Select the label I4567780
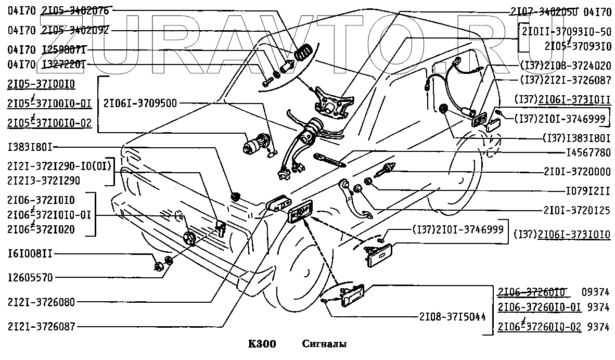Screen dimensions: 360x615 point(588,153)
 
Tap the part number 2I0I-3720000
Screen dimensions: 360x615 point(578,172)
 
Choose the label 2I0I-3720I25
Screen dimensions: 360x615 point(578,210)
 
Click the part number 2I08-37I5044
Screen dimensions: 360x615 point(451,316)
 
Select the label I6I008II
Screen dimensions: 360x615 point(30,254)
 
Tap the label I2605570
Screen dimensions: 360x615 point(30,277)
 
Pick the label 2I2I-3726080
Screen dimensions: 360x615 point(41,302)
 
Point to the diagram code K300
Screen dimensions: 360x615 point(261,344)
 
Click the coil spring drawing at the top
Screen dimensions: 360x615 point(303,52)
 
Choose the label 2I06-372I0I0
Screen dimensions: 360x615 point(41,201)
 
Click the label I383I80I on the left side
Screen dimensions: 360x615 point(31,147)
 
